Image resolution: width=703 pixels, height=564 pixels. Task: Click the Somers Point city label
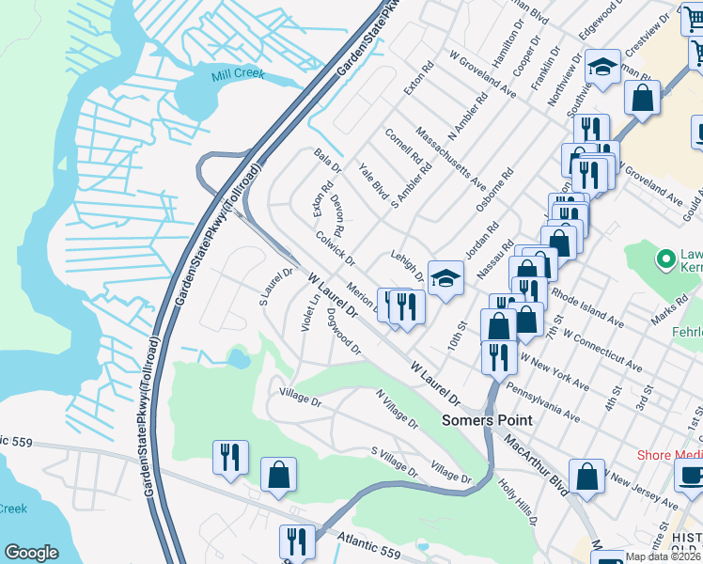point(487,421)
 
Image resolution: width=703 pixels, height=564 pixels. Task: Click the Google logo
point(31,553)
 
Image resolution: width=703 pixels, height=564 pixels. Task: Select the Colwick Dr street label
point(335,247)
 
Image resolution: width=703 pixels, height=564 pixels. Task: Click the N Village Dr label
point(397,410)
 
